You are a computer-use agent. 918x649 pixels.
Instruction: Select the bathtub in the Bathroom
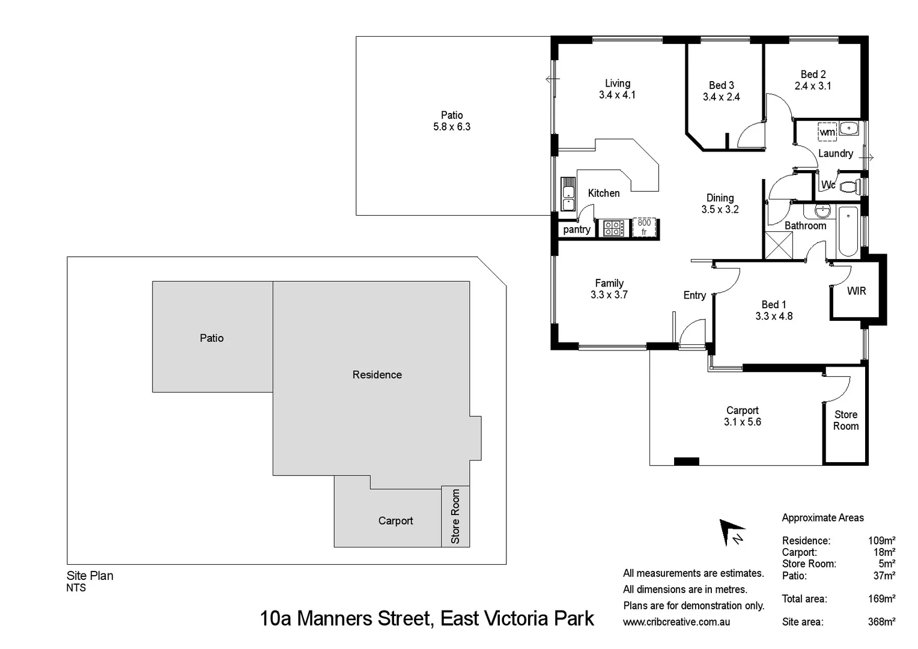[848, 231]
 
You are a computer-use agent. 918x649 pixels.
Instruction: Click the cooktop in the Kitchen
[613, 228]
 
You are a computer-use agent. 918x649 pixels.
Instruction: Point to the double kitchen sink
[568, 193]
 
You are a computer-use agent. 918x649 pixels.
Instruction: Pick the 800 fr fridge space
[644, 228]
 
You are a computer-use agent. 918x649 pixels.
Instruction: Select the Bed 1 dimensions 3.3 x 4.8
[774, 316]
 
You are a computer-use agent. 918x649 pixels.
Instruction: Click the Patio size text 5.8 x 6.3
[452, 127]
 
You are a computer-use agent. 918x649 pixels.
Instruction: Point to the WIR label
[856, 291]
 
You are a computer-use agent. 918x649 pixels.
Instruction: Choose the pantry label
[577, 230]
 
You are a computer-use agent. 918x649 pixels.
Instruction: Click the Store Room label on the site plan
[455, 516]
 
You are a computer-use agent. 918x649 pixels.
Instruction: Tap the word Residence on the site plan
[377, 375]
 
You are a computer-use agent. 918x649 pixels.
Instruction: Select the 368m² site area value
[881, 622]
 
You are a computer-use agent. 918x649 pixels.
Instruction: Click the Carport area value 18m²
[884, 552]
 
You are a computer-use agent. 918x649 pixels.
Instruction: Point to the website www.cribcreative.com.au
[676, 622]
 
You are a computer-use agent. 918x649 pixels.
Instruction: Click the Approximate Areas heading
[822, 518]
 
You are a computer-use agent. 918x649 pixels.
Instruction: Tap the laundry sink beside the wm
[848, 128]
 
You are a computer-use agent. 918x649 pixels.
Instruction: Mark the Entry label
[695, 295]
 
